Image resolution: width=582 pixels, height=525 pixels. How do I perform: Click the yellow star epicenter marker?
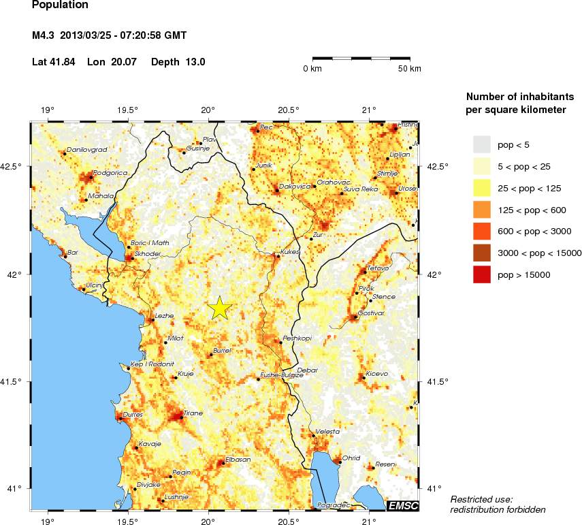(x=220, y=308)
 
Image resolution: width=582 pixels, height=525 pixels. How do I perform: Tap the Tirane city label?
(x=193, y=413)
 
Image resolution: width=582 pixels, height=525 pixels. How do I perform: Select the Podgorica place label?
(x=110, y=173)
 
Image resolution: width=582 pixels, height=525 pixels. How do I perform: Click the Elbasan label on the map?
(x=238, y=460)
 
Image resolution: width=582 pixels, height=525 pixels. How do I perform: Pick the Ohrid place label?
(x=351, y=458)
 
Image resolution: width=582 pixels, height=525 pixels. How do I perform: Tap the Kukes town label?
(x=290, y=252)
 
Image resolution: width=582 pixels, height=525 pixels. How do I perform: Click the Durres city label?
(x=134, y=414)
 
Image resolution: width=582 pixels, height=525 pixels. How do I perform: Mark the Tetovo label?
(x=377, y=268)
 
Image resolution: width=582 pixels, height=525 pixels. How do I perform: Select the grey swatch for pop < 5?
(x=482, y=144)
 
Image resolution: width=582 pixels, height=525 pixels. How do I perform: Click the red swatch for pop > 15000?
(x=482, y=274)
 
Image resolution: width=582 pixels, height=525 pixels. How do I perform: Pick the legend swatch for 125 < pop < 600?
(x=482, y=210)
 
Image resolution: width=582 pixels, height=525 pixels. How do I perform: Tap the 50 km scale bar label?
(x=410, y=69)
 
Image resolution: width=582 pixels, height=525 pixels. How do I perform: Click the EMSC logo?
(x=402, y=505)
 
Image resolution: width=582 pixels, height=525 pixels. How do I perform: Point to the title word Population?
(x=60, y=5)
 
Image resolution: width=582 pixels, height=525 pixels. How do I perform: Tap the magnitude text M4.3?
(x=44, y=35)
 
